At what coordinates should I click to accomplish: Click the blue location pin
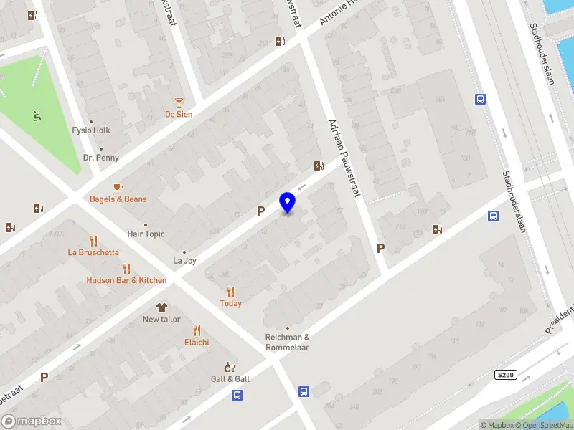tap(288, 202)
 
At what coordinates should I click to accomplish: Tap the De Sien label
tap(179, 114)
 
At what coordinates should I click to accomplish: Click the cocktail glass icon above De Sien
tap(179, 102)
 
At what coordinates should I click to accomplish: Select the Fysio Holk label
tap(91, 130)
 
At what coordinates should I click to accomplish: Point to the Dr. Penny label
tap(101, 158)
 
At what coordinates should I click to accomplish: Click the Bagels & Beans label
tap(118, 199)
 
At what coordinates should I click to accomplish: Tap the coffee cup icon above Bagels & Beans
tap(118, 187)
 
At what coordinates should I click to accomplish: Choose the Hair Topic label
tap(146, 234)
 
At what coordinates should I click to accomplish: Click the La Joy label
tap(185, 261)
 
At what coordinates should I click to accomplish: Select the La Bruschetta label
tap(93, 252)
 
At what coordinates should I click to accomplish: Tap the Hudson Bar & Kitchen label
tap(126, 280)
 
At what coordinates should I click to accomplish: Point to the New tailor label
tap(161, 319)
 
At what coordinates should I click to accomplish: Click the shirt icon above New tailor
tap(161, 307)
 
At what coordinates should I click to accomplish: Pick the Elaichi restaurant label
tap(197, 342)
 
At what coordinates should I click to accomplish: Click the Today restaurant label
tap(230, 303)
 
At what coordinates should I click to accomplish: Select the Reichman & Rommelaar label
tap(288, 343)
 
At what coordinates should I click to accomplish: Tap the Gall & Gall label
tap(230, 378)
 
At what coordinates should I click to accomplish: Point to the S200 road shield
tap(506, 375)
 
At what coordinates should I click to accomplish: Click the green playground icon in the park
tap(37, 115)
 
